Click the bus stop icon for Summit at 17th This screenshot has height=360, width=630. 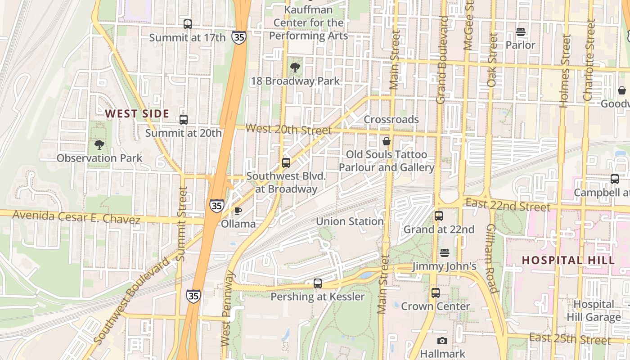tap(188, 24)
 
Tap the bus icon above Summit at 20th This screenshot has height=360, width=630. tap(184, 120)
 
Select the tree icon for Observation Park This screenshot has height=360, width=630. tap(99, 145)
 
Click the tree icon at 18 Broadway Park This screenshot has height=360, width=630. tap(295, 68)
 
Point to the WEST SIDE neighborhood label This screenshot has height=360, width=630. tap(137, 114)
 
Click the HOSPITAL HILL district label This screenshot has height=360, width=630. tap(568, 260)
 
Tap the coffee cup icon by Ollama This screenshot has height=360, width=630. tap(238, 211)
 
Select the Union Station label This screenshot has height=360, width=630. tap(350, 221)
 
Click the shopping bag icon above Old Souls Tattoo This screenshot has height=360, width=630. tap(386, 141)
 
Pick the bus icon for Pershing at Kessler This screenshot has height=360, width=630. tap(318, 283)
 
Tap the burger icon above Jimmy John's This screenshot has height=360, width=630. tap(445, 253)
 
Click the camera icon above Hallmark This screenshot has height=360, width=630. tap(442, 341)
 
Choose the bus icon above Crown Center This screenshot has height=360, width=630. tap(435, 293)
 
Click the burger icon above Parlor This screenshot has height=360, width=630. tap(521, 32)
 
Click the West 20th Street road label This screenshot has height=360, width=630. tap(288, 130)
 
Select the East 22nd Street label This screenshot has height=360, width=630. tap(508, 205)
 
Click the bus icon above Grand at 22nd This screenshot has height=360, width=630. tap(439, 216)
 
